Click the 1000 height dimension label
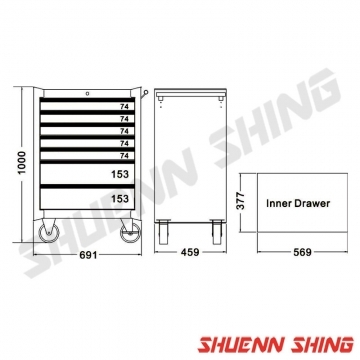click(x=22, y=162)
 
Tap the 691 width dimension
click(x=88, y=255)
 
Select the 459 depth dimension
click(x=190, y=252)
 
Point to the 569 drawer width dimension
click(x=302, y=252)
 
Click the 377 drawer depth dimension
click(x=240, y=201)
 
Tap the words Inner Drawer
click(x=298, y=203)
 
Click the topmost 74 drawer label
click(x=124, y=107)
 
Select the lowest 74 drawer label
click(x=124, y=156)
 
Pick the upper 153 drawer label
click(x=120, y=174)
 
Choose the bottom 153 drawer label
click(x=120, y=199)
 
